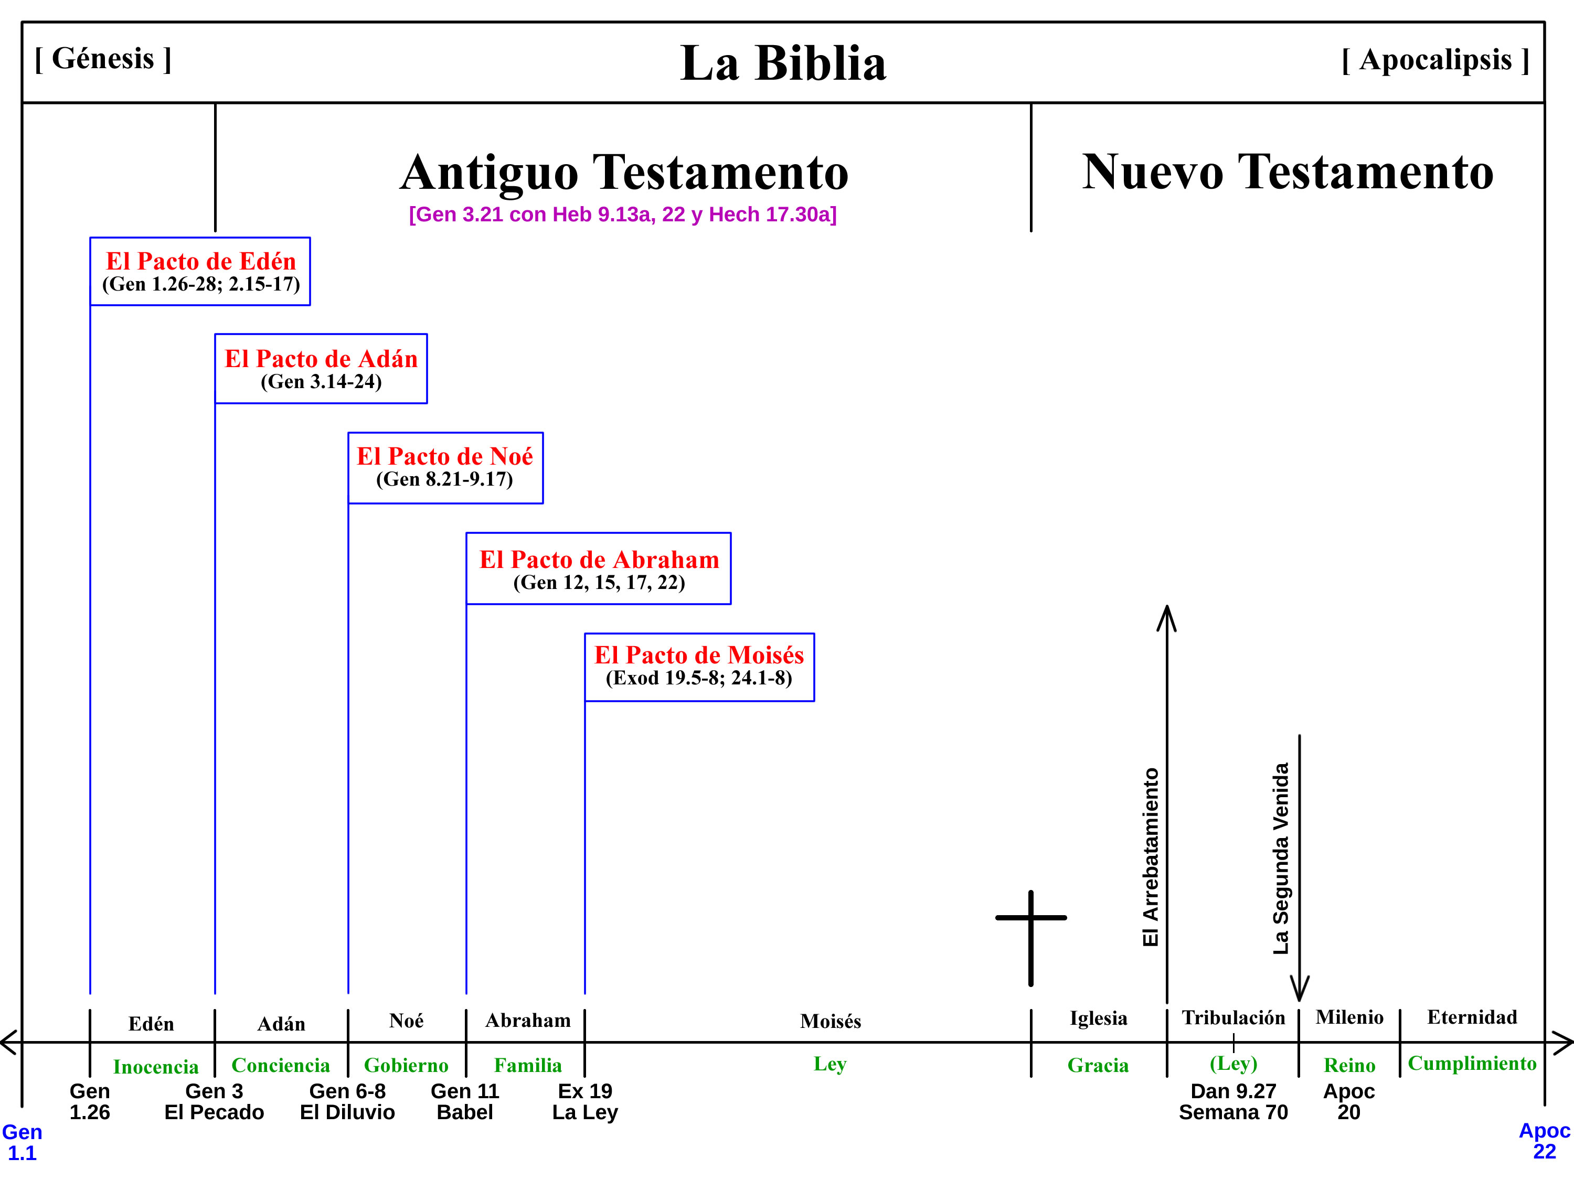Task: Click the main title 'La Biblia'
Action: (x=783, y=63)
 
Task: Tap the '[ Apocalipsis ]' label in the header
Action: (x=1434, y=60)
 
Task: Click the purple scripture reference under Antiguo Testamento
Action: (x=623, y=214)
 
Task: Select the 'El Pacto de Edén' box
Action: (x=200, y=272)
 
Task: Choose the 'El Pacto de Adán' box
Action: (x=321, y=369)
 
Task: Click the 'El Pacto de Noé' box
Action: (x=445, y=468)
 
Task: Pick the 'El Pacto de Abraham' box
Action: (x=599, y=568)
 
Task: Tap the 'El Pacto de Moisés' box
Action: (x=699, y=667)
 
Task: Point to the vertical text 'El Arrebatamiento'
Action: (x=1151, y=857)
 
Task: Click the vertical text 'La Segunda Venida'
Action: (x=1281, y=858)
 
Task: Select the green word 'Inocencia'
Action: (x=155, y=1067)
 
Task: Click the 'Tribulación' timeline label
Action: (x=1233, y=1018)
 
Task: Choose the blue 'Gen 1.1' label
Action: (x=22, y=1142)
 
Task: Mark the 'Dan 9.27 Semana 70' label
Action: (x=1233, y=1102)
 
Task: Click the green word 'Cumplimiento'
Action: (x=1472, y=1064)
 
